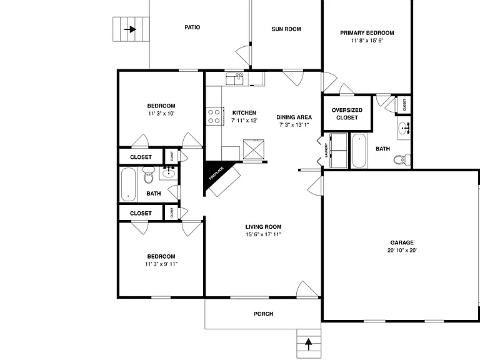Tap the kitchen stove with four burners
(x=214, y=116)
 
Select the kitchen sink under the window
(x=234, y=79)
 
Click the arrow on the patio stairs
(x=131, y=29)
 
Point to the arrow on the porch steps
(x=309, y=344)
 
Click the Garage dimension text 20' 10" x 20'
(x=402, y=250)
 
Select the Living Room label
(x=263, y=227)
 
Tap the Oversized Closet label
(x=347, y=114)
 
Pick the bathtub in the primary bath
(x=359, y=150)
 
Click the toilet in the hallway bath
(x=149, y=175)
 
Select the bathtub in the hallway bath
(x=128, y=184)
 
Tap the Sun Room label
(x=286, y=29)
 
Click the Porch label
(x=264, y=314)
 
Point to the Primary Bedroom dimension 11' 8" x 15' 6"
(x=367, y=41)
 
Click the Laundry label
(x=326, y=150)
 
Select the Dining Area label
(x=294, y=117)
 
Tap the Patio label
(x=192, y=27)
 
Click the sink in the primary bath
(x=404, y=128)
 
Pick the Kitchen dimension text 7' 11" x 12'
(x=244, y=120)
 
